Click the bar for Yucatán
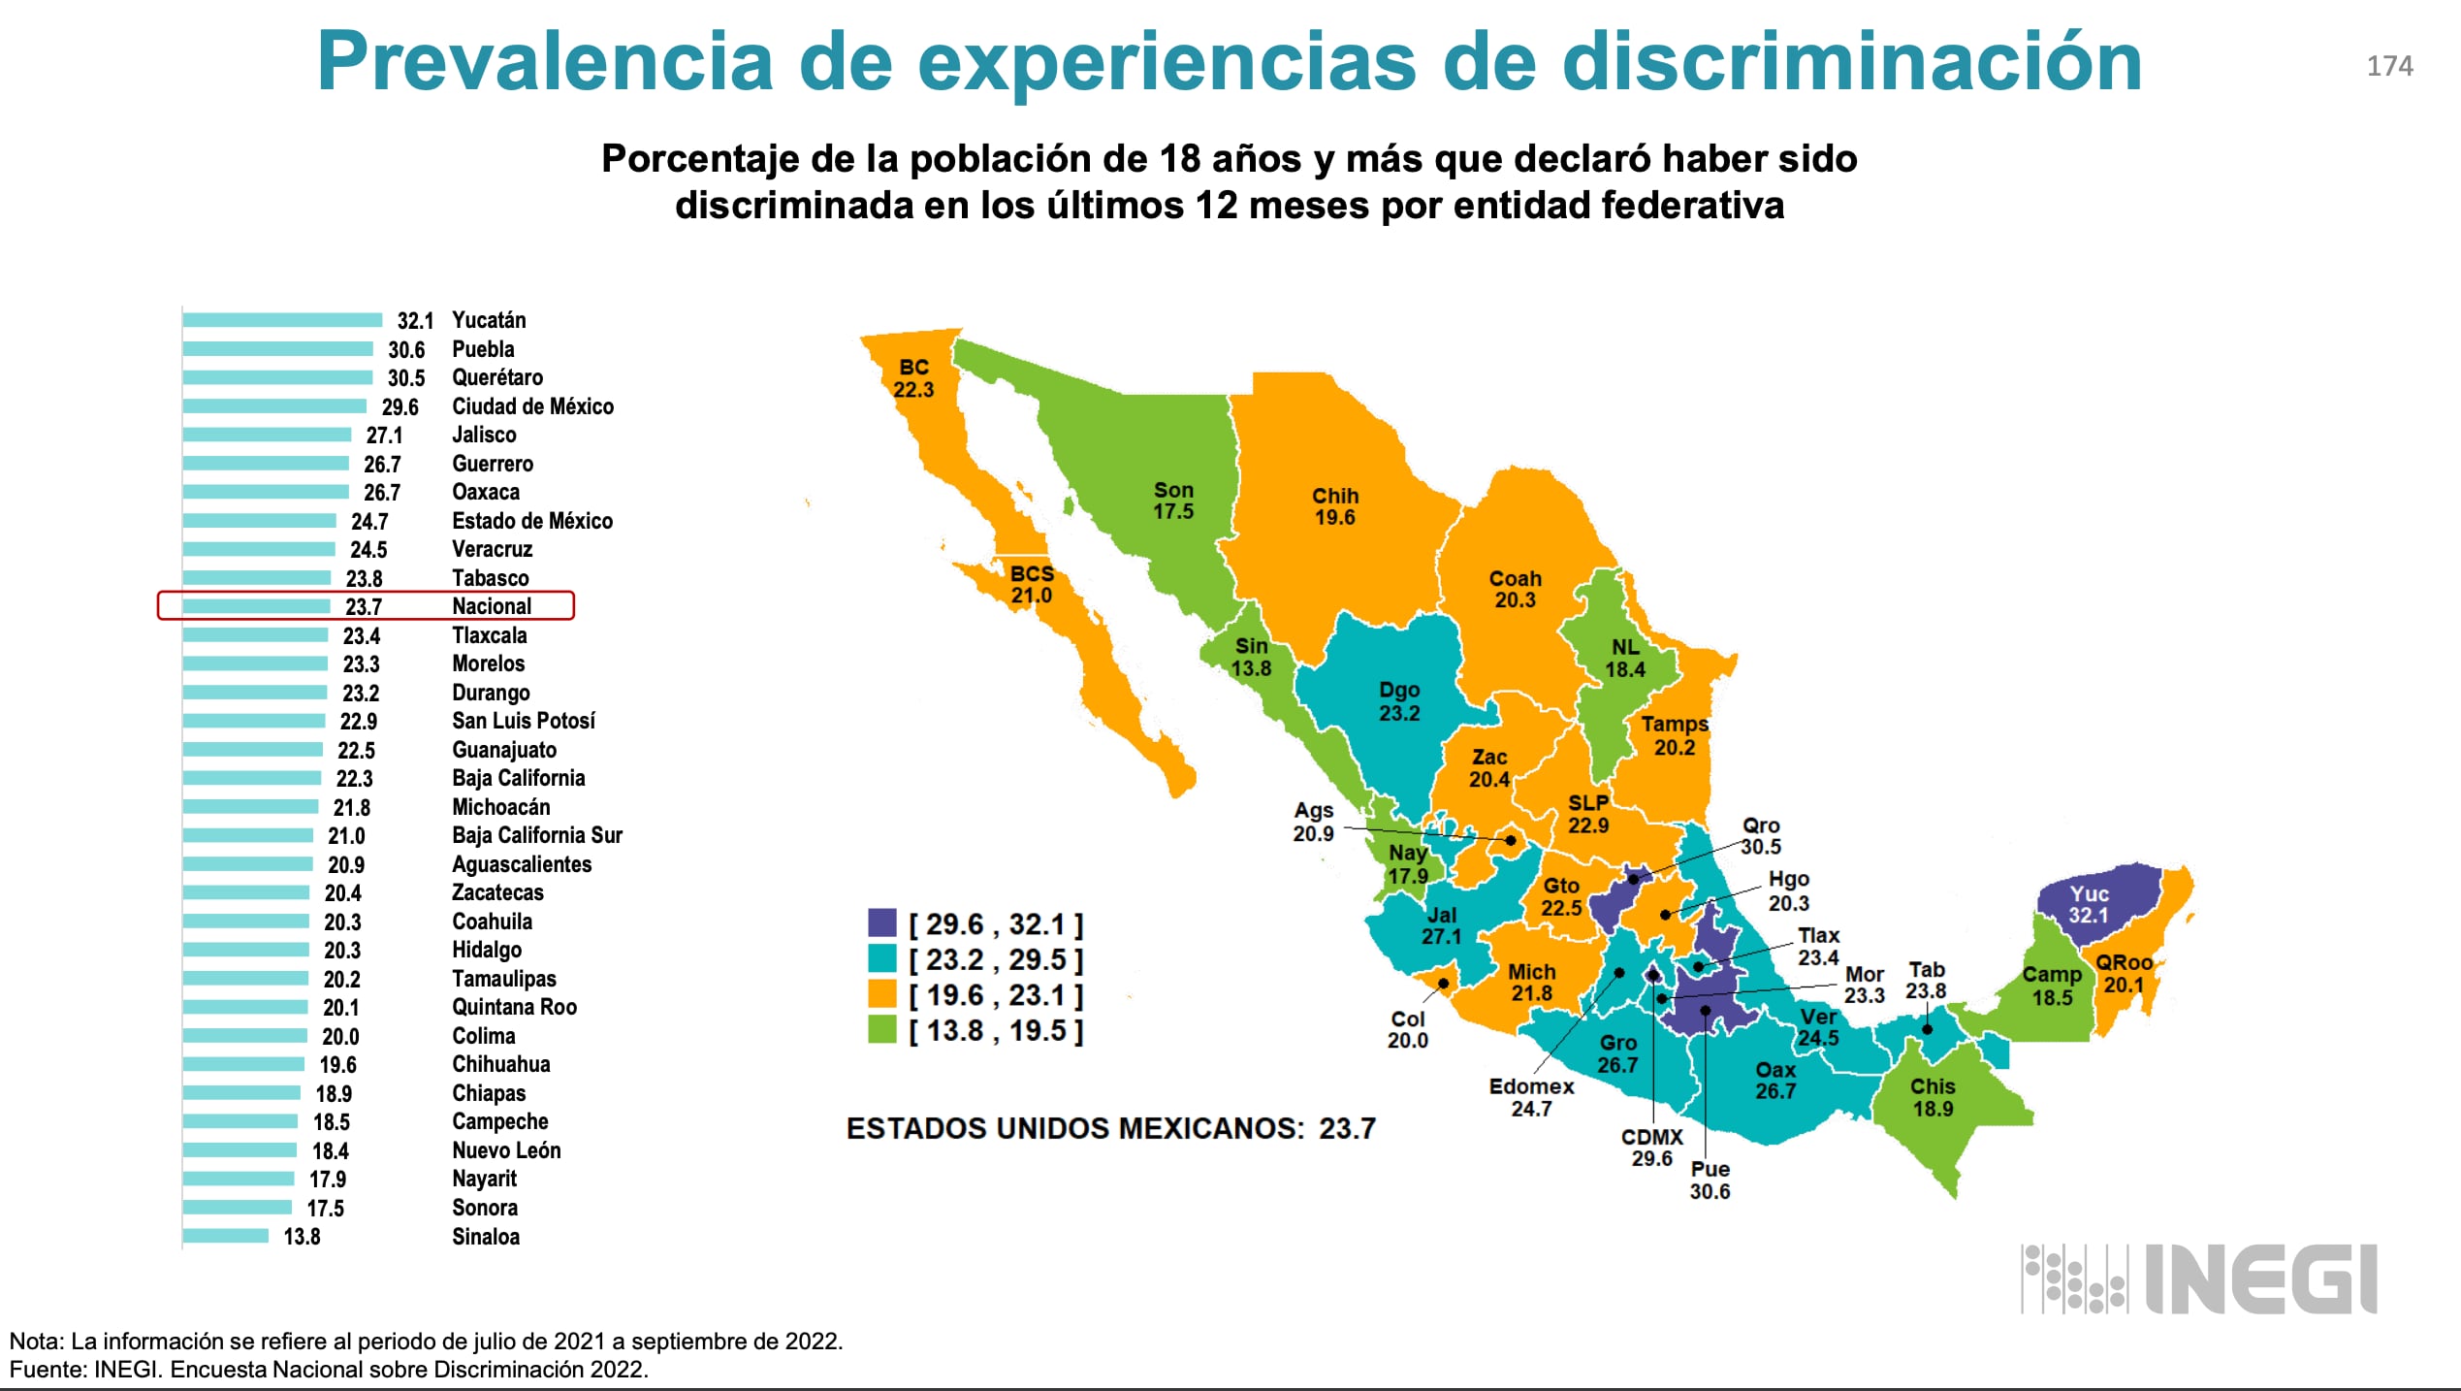click(281, 320)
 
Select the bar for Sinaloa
click(225, 1236)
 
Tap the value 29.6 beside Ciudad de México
click(400, 407)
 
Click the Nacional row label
click(492, 606)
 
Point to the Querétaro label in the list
click(497, 377)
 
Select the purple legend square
click(881, 922)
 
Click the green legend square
click(881, 1029)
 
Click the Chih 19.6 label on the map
click(1335, 506)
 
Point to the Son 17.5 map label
click(1173, 501)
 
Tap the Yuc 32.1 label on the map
click(2089, 904)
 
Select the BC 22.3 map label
click(913, 378)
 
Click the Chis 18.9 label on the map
click(1933, 1097)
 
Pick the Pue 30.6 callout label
click(1710, 1180)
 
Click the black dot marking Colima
click(1443, 984)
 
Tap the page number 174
click(2389, 66)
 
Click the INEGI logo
click(2199, 1279)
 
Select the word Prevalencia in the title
click(544, 62)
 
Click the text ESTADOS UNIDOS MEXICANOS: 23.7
click(1110, 1128)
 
